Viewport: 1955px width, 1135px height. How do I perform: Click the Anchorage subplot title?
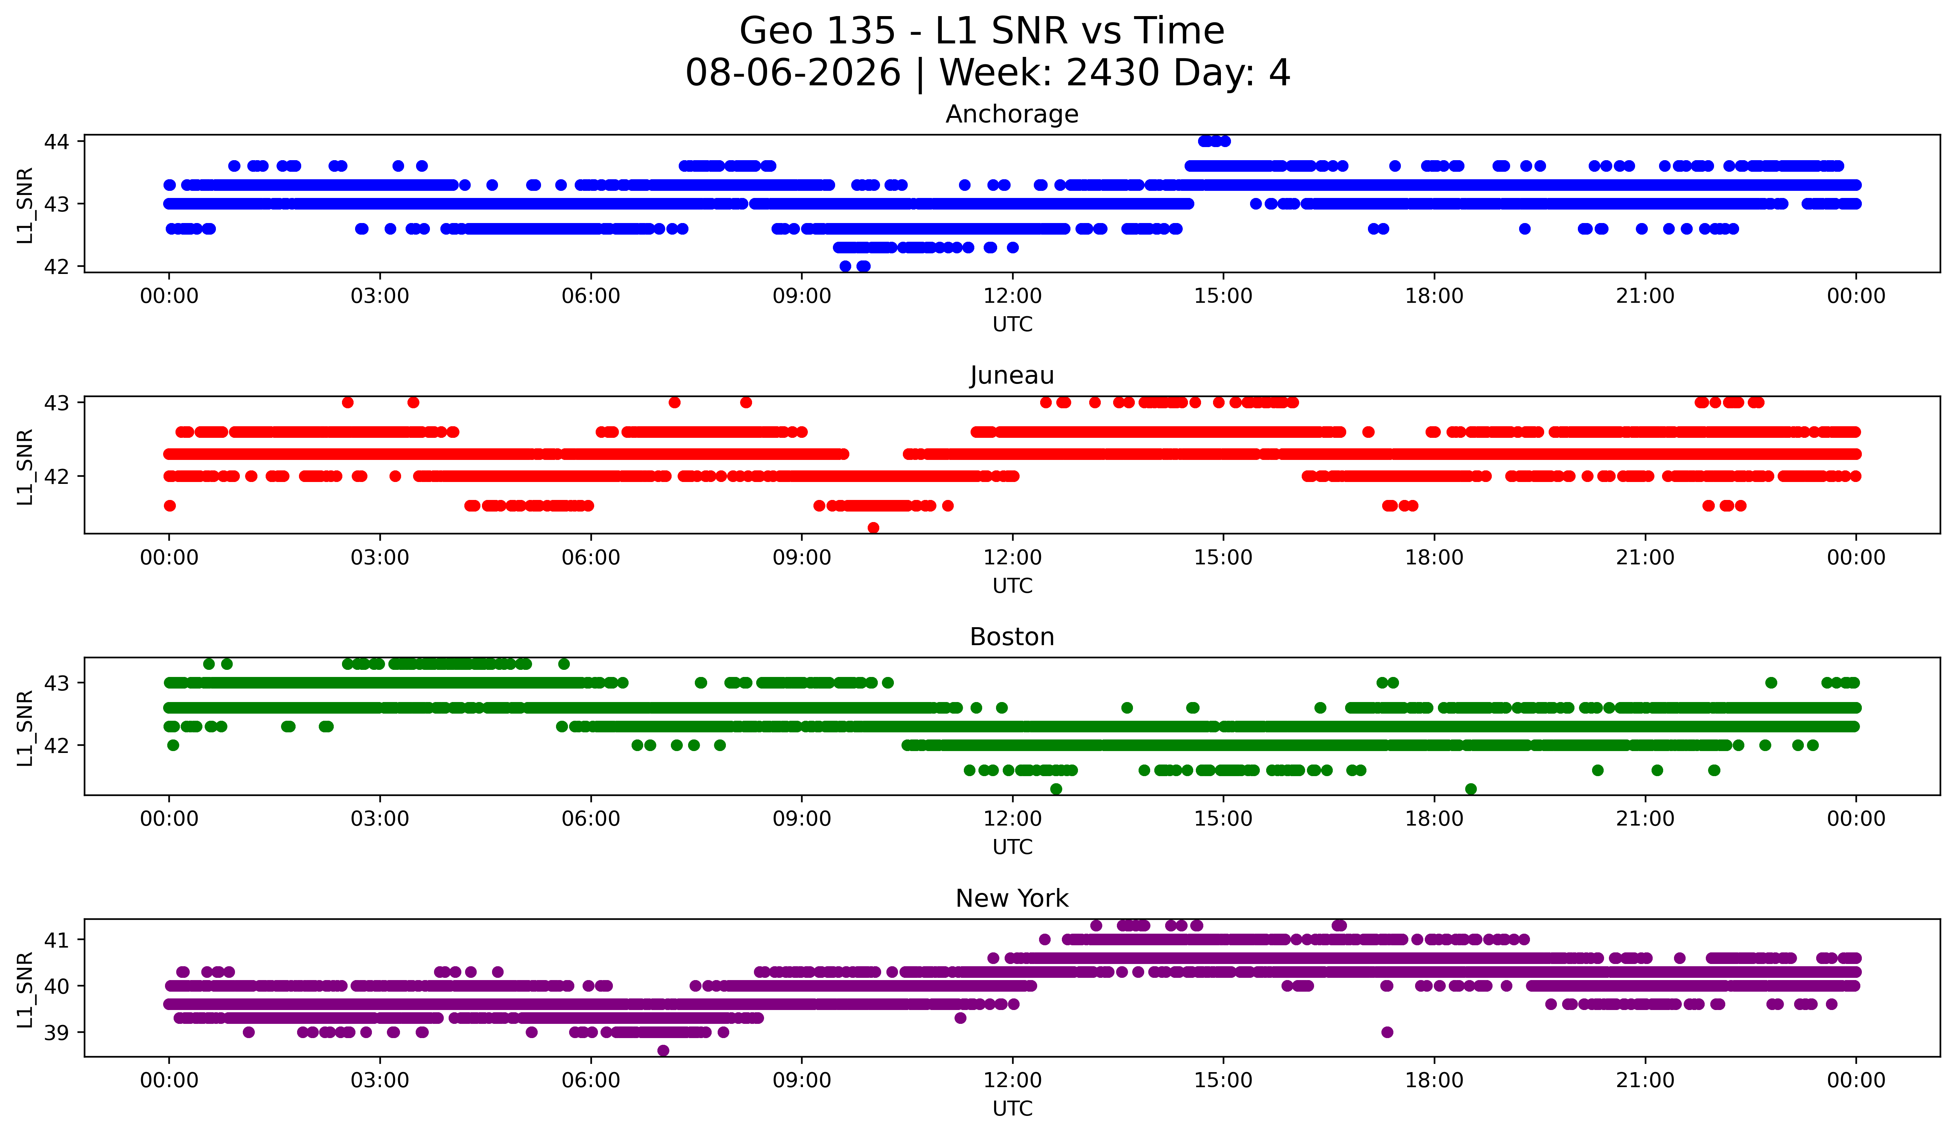(1012, 114)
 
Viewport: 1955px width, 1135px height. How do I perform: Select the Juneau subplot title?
(1012, 375)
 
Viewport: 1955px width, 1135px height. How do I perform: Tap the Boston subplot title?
(1012, 637)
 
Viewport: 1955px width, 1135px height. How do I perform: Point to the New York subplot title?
(1012, 898)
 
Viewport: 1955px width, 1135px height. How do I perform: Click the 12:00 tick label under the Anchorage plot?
(1012, 296)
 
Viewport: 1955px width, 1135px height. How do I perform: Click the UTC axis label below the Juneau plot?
(1012, 586)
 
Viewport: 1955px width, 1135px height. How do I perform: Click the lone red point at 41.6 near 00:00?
(170, 506)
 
